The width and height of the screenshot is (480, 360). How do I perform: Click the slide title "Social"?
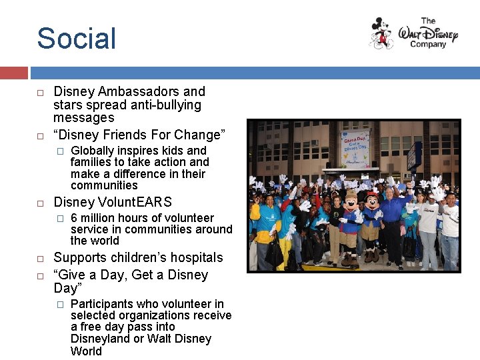pyautogui.click(x=76, y=38)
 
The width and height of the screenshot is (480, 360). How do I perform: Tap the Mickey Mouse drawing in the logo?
pyautogui.click(x=382, y=33)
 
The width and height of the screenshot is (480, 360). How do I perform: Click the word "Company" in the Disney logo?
pyautogui.click(x=427, y=45)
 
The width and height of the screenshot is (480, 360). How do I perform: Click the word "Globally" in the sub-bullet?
pyautogui.click(x=93, y=151)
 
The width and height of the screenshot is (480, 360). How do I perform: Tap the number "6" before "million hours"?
pyautogui.click(x=74, y=218)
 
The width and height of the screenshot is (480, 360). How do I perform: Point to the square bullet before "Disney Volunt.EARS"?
pyautogui.click(x=41, y=203)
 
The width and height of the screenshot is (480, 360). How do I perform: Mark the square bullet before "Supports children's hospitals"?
pyautogui.click(x=41, y=258)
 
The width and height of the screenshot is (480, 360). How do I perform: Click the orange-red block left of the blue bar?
pyautogui.click(x=13, y=73)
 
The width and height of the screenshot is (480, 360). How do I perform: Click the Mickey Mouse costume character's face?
pyautogui.click(x=371, y=202)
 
